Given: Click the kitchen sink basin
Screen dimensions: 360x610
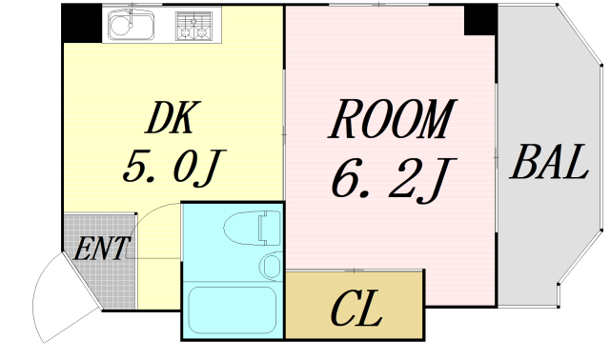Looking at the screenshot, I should click(132, 27).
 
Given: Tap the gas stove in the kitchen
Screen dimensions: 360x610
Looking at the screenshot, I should click(196, 26).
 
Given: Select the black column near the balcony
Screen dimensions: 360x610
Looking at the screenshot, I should click(480, 20).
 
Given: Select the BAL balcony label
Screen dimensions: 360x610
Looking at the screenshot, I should click(547, 163).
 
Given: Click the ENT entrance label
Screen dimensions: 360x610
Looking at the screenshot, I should click(101, 251).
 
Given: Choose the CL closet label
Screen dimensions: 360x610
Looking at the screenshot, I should click(356, 310).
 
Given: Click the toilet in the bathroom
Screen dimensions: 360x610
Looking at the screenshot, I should click(243, 229).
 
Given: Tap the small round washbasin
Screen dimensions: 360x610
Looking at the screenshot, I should click(270, 264).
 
